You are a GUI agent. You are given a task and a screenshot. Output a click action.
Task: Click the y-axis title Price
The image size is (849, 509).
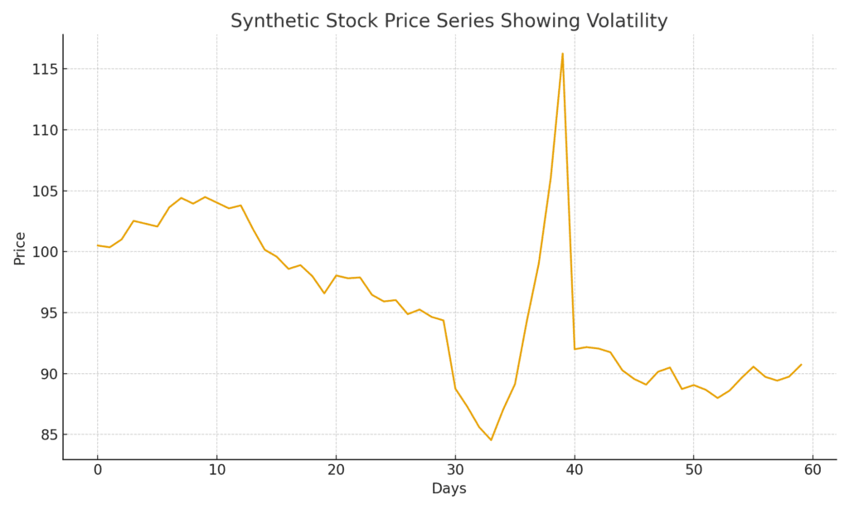(20, 248)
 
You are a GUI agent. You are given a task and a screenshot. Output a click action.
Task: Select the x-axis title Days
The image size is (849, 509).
(449, 489)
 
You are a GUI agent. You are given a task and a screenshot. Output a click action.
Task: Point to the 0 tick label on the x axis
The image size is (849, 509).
(97, 470)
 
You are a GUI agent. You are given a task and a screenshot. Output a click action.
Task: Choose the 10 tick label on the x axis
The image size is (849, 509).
(216, 470)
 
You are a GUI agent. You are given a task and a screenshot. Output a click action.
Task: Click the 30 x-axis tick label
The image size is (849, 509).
(455, 470)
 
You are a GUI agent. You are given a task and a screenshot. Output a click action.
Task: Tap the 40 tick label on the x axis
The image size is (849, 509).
(575, 470)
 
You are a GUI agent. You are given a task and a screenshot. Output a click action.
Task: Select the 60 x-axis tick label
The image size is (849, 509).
(813, 470)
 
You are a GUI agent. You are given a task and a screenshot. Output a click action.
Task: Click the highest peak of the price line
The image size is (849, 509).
(562, 54)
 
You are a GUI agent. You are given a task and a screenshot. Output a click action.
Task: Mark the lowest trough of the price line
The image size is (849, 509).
(491, 440)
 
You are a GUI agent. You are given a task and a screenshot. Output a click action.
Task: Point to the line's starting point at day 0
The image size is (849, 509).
(97, 245)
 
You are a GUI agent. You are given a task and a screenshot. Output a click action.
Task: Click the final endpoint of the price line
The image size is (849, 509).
(801, 364)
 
